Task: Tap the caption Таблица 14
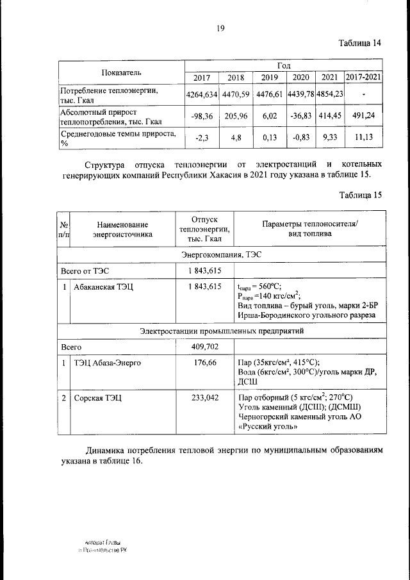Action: pos(361,43)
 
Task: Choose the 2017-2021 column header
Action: pos(364,78)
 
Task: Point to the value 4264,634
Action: pos(202,94)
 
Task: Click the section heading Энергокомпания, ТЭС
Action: pos(221,254)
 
